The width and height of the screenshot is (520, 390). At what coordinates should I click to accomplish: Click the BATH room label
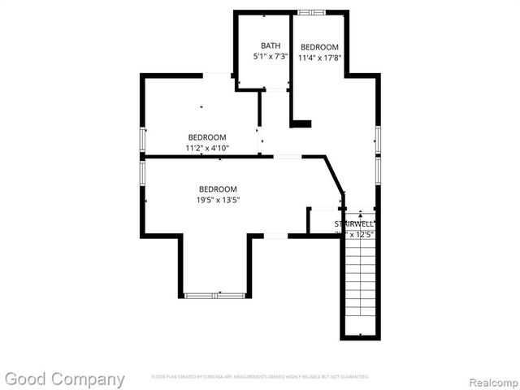(271, 45)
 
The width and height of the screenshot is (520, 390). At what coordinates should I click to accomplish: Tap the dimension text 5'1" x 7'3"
(271, 57)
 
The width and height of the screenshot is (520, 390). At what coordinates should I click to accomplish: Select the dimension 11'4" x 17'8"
(318, 58)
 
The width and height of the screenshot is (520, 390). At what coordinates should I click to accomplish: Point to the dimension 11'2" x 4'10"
(207, 149)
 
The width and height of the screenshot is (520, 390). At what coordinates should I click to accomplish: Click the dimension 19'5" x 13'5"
(218, 200)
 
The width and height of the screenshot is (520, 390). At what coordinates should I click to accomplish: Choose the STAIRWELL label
(354, 223)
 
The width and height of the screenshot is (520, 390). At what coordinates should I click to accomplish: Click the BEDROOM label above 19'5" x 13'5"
(218, 189)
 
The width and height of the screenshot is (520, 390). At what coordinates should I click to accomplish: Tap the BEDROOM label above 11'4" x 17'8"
(319, 47)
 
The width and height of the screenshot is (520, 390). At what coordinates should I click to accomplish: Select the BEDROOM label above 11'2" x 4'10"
(207, 137)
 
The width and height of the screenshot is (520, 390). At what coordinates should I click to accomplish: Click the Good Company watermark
(65, 379)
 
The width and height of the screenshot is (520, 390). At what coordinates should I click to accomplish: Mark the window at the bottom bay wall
(214, 296)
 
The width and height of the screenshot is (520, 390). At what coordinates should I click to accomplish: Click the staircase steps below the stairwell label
(358, 284)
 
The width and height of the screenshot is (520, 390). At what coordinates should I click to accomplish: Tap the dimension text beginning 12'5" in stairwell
(354, 235)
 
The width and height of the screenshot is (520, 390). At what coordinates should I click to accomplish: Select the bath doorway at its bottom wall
(276, 89)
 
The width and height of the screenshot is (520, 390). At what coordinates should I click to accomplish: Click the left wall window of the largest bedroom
(143, 171)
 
